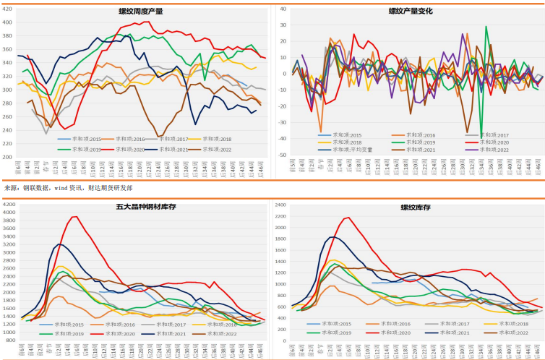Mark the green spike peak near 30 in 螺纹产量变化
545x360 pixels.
[486, 27]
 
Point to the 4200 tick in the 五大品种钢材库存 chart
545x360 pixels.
[10, 205]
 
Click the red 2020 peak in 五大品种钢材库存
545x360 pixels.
[74, 217]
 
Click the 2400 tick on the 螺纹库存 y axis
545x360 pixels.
[282, 205]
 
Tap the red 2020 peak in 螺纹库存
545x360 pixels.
[347, 218]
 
